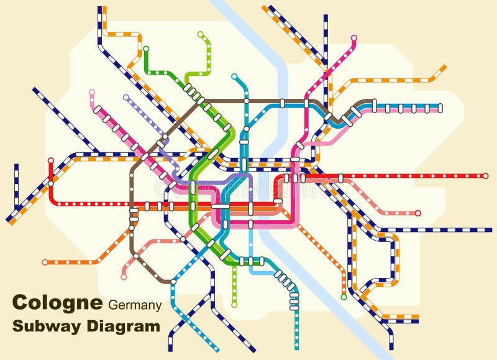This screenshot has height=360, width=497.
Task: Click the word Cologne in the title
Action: coord(57,303)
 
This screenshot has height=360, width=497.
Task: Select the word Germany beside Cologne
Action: coord(135,305)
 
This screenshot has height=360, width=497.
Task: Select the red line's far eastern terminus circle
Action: coord(485,176)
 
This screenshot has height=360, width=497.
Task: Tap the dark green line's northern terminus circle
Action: coord(146,48)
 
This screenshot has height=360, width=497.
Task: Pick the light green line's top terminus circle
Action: coord(200,34)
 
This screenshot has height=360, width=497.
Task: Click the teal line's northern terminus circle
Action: coord(234,76)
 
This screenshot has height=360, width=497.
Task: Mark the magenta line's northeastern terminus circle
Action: coord(354,39)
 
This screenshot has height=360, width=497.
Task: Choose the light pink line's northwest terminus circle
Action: coord(92,92)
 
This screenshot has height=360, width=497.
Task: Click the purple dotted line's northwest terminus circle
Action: coord(126,97)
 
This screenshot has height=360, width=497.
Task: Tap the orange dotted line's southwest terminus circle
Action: coord(45,262)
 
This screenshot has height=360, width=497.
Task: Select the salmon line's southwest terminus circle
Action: coord(124,277)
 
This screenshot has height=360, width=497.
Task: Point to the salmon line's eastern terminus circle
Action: coord(417,213)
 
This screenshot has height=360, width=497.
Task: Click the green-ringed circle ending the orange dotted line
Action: coord(344,297)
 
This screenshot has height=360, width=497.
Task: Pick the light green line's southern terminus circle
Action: coord(234,305)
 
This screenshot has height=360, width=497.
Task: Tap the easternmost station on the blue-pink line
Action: coord(440,108)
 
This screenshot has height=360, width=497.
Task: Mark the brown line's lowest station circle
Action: coord(136,256)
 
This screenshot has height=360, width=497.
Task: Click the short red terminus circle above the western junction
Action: coord(51,160)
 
